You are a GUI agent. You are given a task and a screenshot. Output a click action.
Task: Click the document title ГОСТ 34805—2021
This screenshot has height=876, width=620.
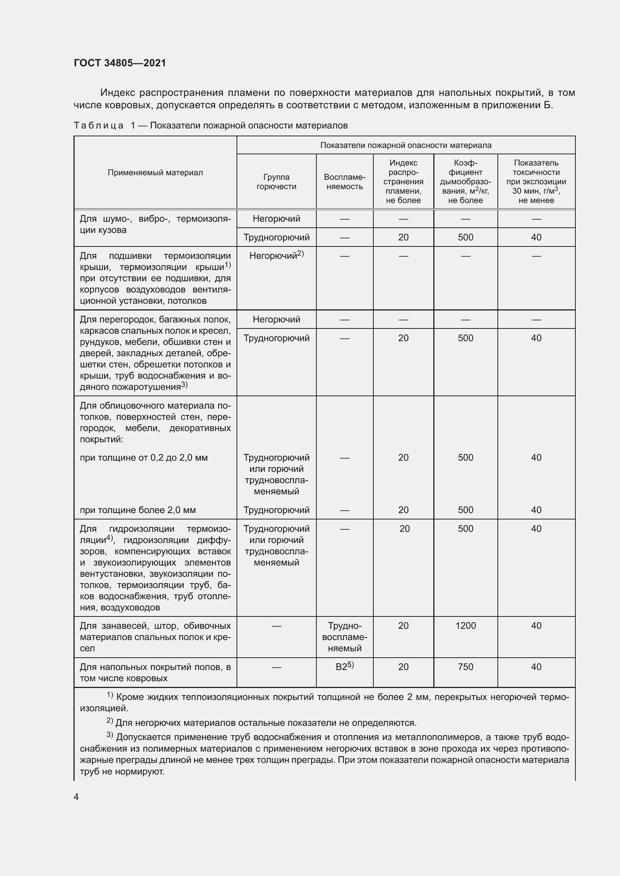pyautogui.click(x=120, y=63)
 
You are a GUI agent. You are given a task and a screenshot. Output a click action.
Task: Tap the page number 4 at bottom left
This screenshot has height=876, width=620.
pyautogui.click(x=76, y=797)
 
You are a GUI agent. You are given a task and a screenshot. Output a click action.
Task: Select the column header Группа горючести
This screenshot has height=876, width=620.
pyautogui.click(x=276, y=182)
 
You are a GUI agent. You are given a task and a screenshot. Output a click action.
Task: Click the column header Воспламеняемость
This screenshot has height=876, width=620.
pyautogui.click(x=344, y=182)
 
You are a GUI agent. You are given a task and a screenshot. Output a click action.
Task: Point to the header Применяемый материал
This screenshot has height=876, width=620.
pyautogui.click(x=155, y=172)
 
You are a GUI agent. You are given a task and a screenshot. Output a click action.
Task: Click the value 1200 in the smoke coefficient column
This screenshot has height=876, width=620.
pyautogui.click(x=466, y=625)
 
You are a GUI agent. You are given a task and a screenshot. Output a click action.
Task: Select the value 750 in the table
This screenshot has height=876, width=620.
pyautogui.click(x=466, y=667)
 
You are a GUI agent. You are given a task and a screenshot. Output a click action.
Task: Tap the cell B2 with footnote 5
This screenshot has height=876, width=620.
pyautogui.click(x=344, y=667)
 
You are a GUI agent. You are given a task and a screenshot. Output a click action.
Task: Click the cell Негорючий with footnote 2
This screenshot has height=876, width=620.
pyautogui.click(x=276, y=256)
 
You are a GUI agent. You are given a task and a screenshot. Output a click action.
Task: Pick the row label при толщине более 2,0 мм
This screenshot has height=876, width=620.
pyautogui.click(x=138, y=510)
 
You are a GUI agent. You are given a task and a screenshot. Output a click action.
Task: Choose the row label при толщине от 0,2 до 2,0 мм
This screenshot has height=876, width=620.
pyautogui.click(x=144, y=457)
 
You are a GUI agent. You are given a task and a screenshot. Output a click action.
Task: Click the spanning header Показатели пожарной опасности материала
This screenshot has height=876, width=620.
pyautogui.click(x=406, y=145)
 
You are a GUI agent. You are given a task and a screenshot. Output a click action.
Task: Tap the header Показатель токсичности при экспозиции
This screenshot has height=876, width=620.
pyautogui.click(x=536, y=182)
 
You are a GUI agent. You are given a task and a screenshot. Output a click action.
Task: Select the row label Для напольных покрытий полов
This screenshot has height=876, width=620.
pyautogui.click(x=155, y=672)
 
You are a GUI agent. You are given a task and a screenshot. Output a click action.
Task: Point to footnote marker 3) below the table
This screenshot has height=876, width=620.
pyautogui.click(x=109, y=735)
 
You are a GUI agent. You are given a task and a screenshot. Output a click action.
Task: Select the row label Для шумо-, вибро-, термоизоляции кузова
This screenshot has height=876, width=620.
pyautogui.click(x=155, y=224)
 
